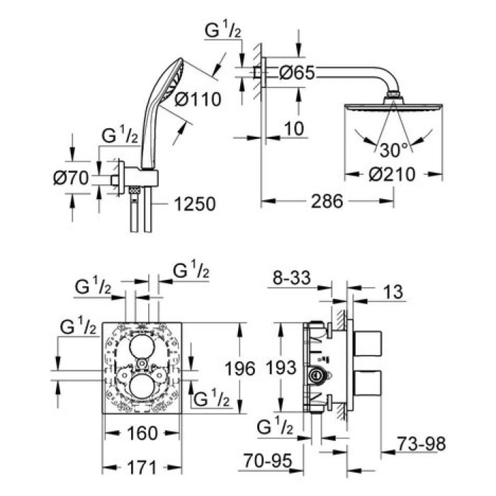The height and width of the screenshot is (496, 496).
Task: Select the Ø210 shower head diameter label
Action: (x=388, y=174)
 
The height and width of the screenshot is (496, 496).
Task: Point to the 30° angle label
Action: (x=394, y=150)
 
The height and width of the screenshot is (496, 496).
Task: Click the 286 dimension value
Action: (x=327, y=202)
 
